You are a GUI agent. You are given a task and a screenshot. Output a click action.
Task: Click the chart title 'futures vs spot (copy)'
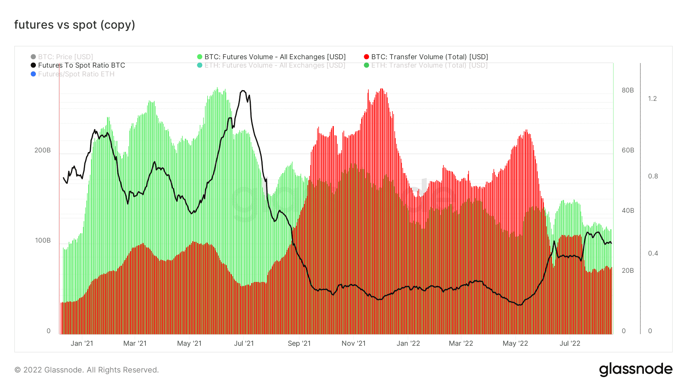pos(75,25)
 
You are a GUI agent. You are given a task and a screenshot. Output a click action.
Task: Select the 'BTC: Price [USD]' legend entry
pos(65,57)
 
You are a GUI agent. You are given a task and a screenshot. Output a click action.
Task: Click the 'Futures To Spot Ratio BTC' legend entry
pos(81,65)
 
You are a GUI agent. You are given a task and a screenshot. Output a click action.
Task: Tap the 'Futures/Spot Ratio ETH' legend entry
pos(76,74)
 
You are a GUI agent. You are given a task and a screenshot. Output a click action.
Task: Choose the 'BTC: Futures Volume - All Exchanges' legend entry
pos(275,57)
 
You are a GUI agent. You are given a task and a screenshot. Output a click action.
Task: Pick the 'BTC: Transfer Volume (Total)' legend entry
pos(429,57)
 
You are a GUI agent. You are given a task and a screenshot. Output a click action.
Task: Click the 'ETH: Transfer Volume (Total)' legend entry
pos(429,65)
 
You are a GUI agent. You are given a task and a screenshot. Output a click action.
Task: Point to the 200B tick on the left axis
pos(42,150)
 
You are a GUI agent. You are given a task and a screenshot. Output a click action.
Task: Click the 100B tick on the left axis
pos(43,240)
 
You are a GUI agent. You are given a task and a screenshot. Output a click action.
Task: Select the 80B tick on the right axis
pos(628,90)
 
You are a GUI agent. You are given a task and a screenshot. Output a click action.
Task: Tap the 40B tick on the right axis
pos(628,211)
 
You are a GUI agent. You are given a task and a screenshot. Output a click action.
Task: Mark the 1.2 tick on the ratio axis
pos(653,99)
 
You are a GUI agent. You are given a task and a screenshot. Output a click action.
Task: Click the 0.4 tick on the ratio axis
pos(653,253)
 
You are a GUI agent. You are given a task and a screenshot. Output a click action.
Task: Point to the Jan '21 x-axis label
pos(82,343)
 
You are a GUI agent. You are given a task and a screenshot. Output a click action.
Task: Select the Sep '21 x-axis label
pos(299,343)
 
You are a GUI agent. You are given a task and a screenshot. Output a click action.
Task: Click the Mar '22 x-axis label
pos(461,343)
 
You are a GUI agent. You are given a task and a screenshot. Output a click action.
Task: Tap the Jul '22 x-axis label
pos(570,343)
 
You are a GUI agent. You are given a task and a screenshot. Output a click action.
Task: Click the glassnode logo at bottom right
pos(635,369)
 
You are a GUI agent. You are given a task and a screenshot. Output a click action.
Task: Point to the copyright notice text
pos(87,370)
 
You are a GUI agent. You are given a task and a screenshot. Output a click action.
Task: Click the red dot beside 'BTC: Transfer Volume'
pos(366,57)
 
